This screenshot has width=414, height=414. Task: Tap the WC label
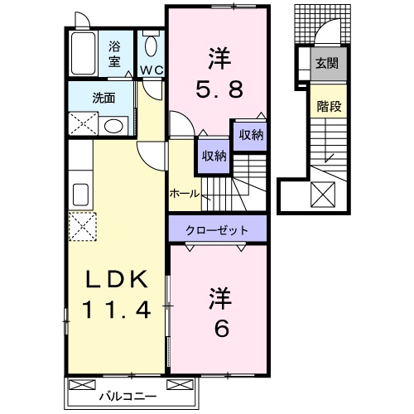tap(151, 70)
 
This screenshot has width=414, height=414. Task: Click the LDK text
tap(117, 282)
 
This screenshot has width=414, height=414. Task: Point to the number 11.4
tap(117, 311)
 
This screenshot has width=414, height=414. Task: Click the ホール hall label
tap(184, 193)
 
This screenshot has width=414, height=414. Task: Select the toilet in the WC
tap(151, 46)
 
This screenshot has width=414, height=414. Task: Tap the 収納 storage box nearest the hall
tap(212, 155)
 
